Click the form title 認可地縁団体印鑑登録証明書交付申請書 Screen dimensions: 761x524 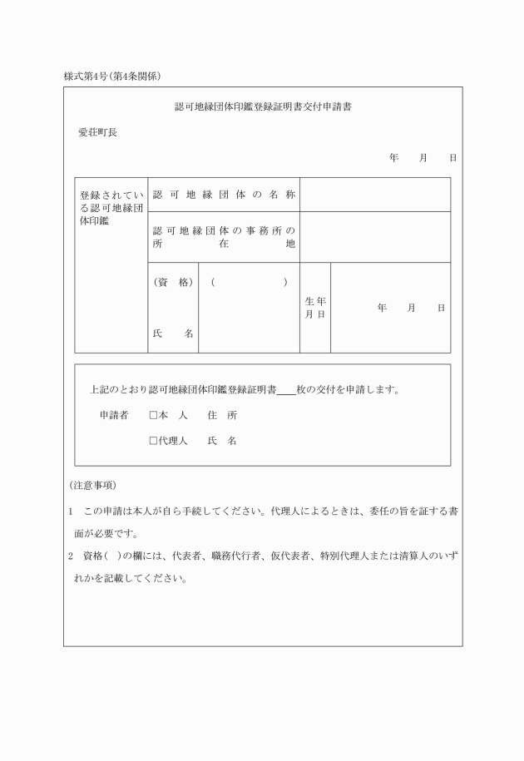[262, 107]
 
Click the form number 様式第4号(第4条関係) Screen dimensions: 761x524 [112, 77]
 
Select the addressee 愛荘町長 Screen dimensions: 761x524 [97, 131]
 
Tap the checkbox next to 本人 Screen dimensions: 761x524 [153, 414]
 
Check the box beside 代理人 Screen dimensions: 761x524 [153, 441]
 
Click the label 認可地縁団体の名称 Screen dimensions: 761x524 [224, 195]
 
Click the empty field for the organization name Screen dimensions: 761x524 [374, 195]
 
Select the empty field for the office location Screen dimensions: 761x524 [374, 237]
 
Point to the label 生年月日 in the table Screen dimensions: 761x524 [315, 308]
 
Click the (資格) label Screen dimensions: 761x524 [173, 283]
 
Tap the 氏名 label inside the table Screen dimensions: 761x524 [173, 334]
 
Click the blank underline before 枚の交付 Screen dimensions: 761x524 [285, 389]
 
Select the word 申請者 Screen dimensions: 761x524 [113, 414]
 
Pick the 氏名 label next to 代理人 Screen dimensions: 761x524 [223, 441]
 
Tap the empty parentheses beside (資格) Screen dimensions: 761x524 [250, 283]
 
